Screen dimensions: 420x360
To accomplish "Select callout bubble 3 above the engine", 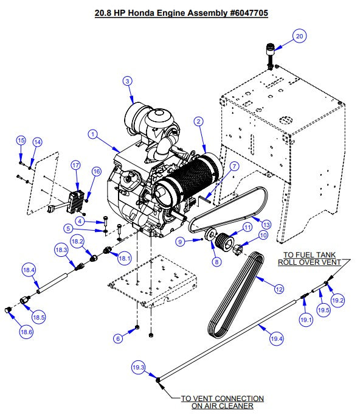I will tap(126, 80).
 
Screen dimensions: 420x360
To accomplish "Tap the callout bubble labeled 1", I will tap(93, 133).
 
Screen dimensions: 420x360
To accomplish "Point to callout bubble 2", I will tap(198, 121).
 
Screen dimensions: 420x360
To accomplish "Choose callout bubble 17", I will tap(76, 165).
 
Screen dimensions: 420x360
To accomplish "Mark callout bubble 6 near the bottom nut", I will tap(119, 338).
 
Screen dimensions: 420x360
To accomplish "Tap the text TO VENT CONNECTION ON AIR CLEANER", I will tap(223, 402).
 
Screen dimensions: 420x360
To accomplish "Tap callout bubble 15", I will tap(21, 141).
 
